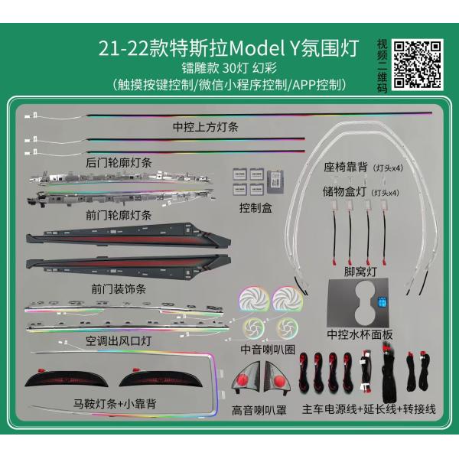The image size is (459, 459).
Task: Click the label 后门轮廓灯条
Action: [x=119, y=161]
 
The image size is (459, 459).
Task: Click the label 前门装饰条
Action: [x=119, y=288]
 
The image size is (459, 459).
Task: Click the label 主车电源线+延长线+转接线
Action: [x=369, y=410]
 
